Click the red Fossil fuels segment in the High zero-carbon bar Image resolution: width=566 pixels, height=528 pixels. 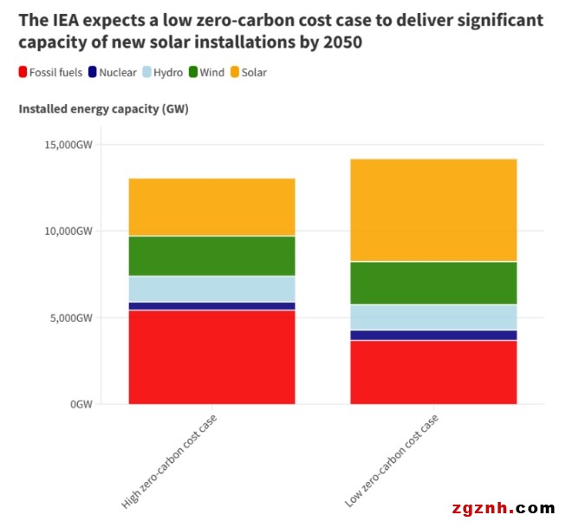coord(211,356)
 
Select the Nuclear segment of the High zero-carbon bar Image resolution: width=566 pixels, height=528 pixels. coord(211,305)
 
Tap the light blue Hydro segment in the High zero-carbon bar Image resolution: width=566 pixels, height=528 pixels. coord(211,289)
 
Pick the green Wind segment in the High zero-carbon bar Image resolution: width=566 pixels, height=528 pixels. coord(211,256)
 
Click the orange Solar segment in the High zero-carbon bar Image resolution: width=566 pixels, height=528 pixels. coord(211,206)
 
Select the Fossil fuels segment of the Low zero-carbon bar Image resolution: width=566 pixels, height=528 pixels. coord(433,372)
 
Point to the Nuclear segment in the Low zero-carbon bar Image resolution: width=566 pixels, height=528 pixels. coord(433,335)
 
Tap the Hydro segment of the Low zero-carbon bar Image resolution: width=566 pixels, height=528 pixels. coord(433,317)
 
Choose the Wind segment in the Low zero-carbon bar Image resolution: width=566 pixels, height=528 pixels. coord(433,283)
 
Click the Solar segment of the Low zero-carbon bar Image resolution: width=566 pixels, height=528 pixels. coord(433,210)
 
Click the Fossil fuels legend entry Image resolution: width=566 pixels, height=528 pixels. coord(50,73)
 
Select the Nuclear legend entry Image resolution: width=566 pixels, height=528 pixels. coord(112,73)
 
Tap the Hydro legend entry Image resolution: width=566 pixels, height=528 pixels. coord(162,73)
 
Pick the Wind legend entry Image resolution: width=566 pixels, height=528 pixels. coord(206,73)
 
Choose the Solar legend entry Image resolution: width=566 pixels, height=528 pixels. coord(248,73)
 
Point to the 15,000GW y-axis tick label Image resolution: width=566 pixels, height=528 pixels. coord(68,145)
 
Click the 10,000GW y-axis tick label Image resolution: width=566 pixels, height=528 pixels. coord(68,231)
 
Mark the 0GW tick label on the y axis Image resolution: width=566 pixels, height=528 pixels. coord(81,404)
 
